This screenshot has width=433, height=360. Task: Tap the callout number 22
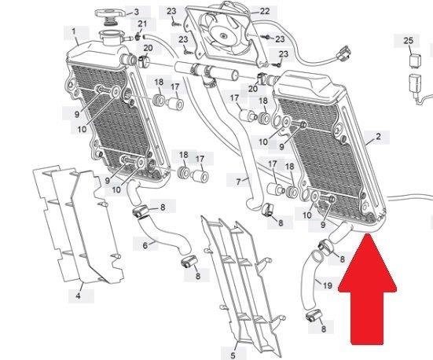264,11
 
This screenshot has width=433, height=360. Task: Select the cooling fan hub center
223,35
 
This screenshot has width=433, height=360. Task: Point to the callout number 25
409,41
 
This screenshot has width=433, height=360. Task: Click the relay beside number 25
414,60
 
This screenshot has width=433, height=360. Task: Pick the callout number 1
74,31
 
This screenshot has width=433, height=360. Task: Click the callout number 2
378,136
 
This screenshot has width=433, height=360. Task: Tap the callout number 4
78,296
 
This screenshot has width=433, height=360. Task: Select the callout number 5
233,355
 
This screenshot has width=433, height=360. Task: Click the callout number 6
145,245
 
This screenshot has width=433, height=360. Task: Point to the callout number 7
238,182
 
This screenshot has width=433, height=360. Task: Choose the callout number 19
327,285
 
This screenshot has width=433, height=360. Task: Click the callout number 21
142,24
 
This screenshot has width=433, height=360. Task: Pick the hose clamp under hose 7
267,209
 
